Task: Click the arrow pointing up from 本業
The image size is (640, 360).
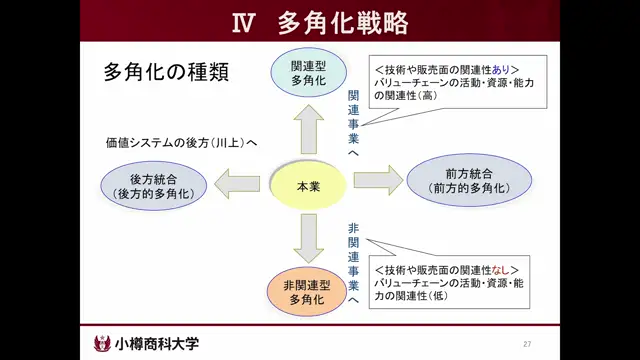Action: click(x=306, y=126)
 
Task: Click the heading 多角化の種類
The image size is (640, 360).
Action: click(x=166, y=74)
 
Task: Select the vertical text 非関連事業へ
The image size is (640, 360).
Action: click(x=354, y=262)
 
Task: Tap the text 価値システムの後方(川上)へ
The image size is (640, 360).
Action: click(x=181, y=143)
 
